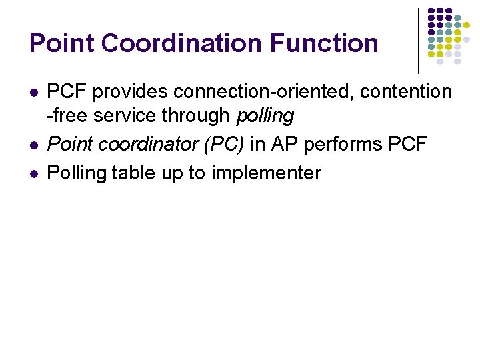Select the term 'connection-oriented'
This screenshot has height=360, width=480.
pyautogui.click(x=257, y=92)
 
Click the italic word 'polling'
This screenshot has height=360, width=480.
pyautogui.click(x=265, y=116)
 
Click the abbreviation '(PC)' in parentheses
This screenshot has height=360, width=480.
pyautogui.click(x=223, y=145)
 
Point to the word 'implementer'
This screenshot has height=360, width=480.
pyautogui.click(x=266, y=173)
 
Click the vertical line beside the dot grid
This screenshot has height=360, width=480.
pyautogui.click(x=418, y=40)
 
